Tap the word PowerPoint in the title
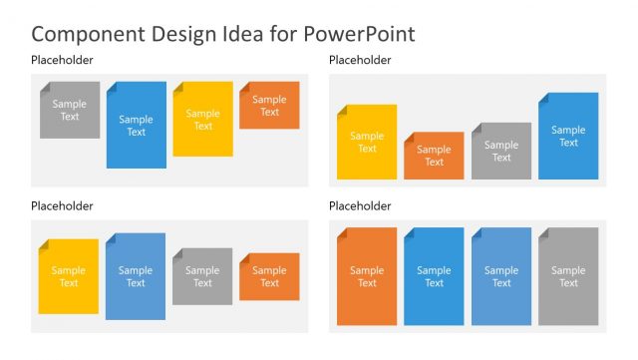[360, 34]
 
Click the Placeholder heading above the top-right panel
[360, 61]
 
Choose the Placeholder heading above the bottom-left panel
[62, 206]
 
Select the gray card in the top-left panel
[70, 111]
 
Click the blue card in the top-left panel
[137, 126]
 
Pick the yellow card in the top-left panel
[203, 120]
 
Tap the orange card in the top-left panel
[269, 106]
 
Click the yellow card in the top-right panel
[367, 143]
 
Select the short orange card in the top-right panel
[434, 156]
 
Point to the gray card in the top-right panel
[501, 152]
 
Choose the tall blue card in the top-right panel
[568, 137]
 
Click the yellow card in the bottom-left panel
[69, 276]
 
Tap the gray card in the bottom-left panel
[202, 276]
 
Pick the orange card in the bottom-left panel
[269, 276]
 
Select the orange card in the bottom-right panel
[367, 276]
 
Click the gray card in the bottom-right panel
[568, 276]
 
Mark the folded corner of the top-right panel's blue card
[543, 98]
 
